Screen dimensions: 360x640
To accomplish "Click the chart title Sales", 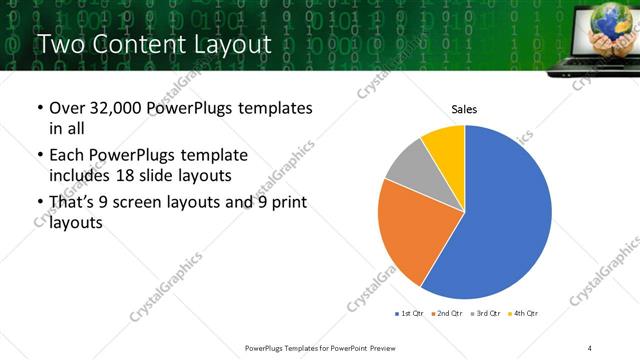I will click(x=464, y=109).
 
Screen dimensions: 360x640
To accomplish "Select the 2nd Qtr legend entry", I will click(x=445, y=314).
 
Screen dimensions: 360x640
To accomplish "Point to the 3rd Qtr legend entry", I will click(x=483, y=314).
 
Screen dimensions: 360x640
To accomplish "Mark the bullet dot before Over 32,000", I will click(x=39, y=109).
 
